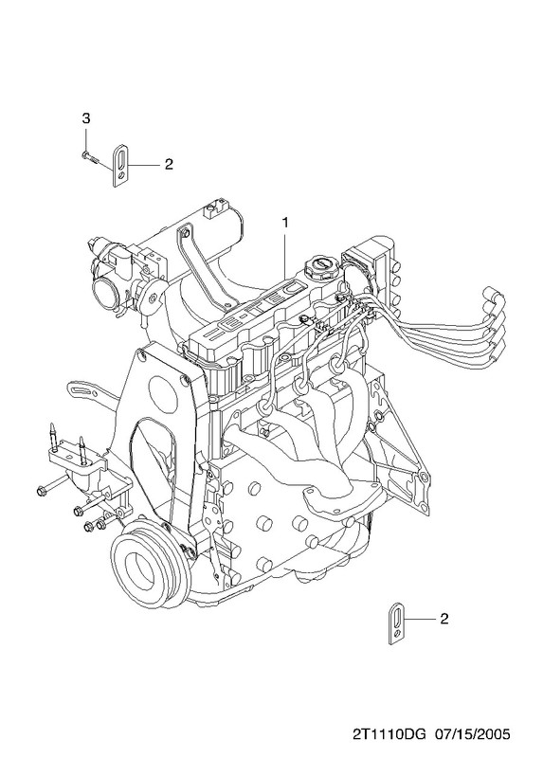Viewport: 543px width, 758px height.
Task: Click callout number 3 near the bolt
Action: (85, 118)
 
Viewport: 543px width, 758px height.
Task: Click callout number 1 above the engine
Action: (285, 223)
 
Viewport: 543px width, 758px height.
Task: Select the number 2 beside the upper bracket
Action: (169, 164)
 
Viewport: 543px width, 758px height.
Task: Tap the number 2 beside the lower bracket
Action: (444, 619)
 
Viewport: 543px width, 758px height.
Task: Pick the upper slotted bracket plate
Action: (121, 165)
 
